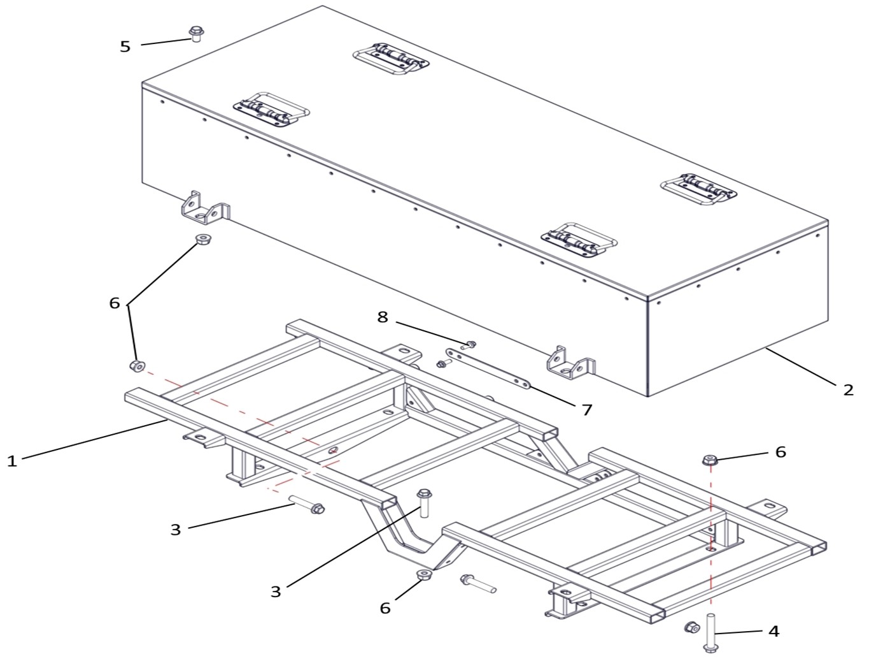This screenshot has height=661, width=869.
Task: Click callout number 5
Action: click(125, 47)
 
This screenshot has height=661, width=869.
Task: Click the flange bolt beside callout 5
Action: click(196, 34)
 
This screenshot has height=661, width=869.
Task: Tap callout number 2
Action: click(848, 390)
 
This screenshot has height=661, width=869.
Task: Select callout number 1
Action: click(12, 461)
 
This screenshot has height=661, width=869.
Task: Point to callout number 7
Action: click(587, 410)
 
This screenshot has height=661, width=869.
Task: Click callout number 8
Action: click(383, 317)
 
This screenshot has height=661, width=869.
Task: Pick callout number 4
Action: click(774, 631)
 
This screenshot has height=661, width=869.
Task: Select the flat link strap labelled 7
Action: click(488, 368)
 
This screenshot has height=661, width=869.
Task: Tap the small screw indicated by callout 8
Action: click(469, 345)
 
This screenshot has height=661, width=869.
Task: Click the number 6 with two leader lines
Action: click(115, 303)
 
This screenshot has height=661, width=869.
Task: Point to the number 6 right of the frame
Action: click(781, 452)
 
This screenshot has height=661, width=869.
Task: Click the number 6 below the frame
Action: click(385, 608)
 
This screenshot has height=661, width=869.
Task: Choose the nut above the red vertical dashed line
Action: click(710, 460)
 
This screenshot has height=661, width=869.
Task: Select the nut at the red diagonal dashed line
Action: click(137, 366)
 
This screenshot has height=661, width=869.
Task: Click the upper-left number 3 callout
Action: click(175, 530)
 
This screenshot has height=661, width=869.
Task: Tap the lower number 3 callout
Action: click(276, 592)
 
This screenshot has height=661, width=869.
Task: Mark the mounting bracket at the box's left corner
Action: click(206, 208)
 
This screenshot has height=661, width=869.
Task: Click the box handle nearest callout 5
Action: click(271, 110)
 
